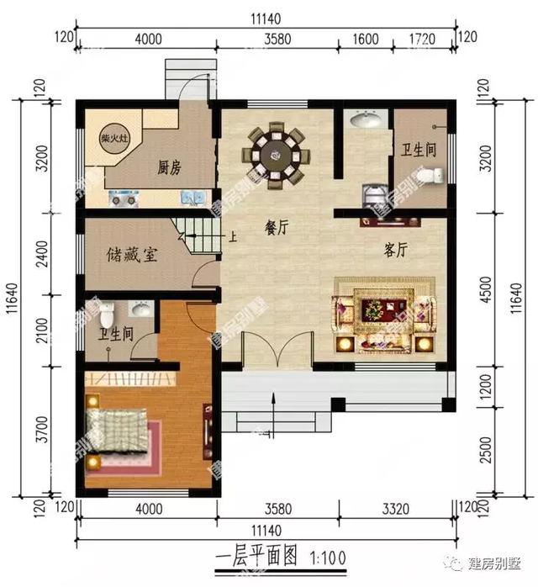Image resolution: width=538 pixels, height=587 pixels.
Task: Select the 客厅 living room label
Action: (x=396, y=250)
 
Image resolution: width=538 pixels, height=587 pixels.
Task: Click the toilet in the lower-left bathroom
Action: (x=107, y=316)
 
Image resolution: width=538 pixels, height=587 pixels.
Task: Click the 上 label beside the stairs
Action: (x=233, y=236)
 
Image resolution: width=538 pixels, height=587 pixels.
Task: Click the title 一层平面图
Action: (x=257, y=557)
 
